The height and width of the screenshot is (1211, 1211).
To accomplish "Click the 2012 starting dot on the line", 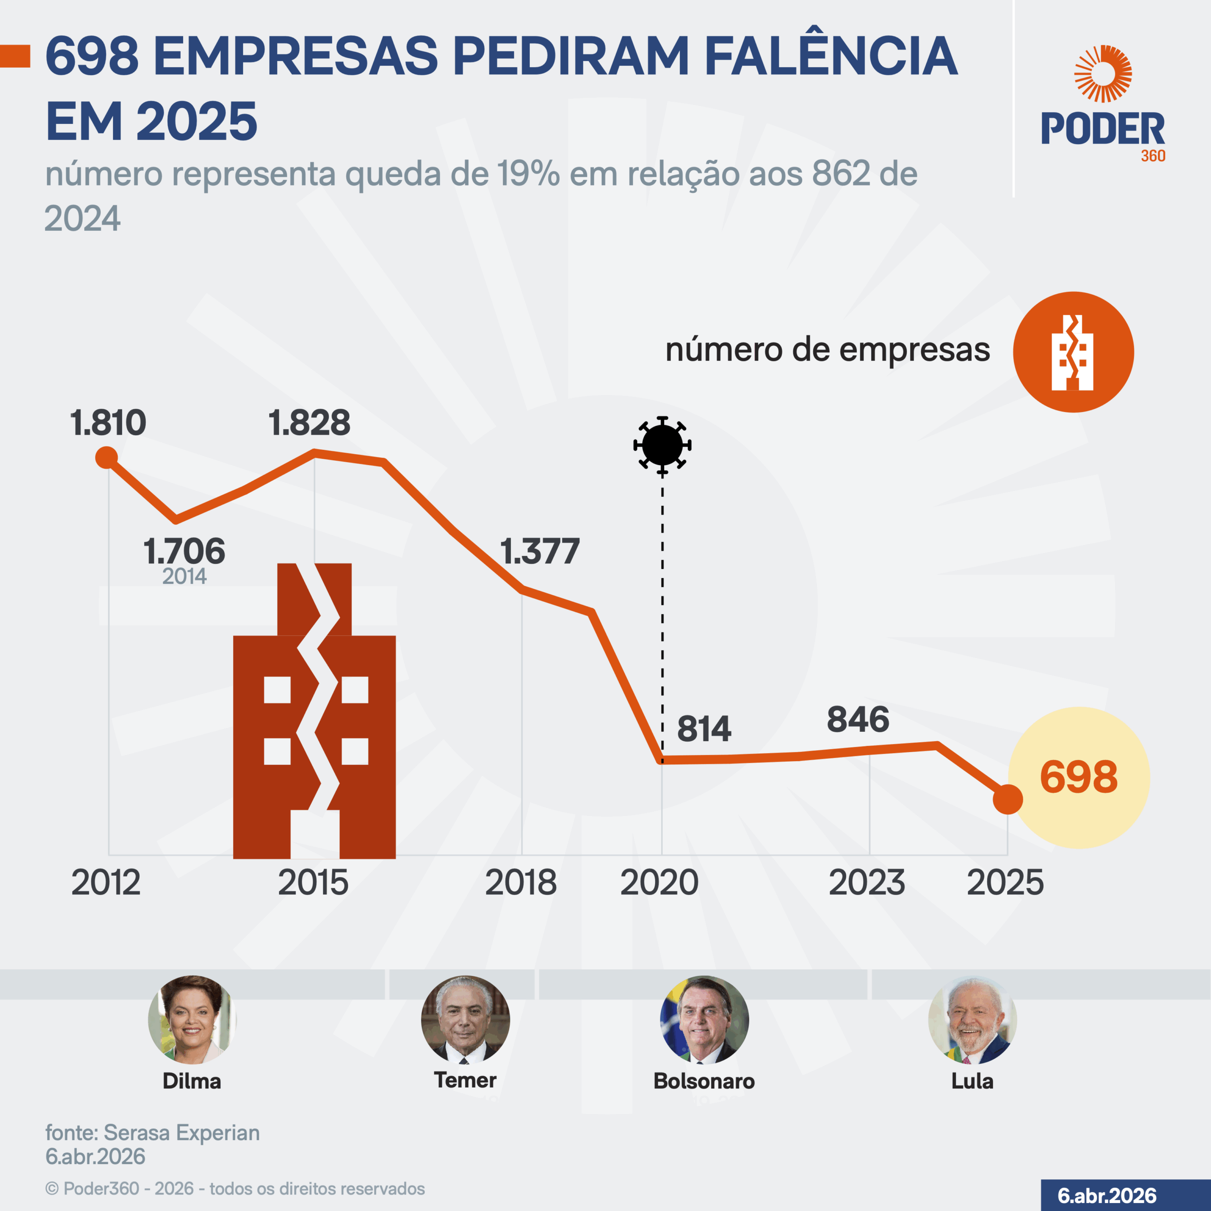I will click(106, 457).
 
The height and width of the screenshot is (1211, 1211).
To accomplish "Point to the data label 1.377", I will click(540, 552).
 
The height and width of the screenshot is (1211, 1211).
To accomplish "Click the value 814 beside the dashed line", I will click(704, 729).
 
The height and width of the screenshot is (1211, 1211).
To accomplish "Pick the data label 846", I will click(858, 720).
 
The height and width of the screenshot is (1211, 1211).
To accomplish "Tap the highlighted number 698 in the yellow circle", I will click(1078, 777).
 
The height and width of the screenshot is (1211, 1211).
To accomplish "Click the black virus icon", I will click(662, 445).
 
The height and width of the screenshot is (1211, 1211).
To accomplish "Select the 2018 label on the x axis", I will click(521, 883).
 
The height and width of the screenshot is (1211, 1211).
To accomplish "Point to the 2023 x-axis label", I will click(867, 883).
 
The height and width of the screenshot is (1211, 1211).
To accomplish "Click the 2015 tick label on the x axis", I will click(313, 883).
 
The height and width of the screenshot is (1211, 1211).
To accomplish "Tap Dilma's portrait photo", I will click(192, 1019).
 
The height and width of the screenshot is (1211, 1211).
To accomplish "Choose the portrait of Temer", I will click(465, 1019).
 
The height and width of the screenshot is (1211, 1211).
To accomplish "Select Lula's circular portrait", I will click(972, 1019).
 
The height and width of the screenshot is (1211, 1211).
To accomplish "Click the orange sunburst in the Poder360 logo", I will click(1103, 73).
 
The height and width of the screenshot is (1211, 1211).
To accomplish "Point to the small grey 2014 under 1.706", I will click(184, 576).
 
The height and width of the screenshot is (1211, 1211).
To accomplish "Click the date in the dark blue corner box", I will click(1107, 1195).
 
